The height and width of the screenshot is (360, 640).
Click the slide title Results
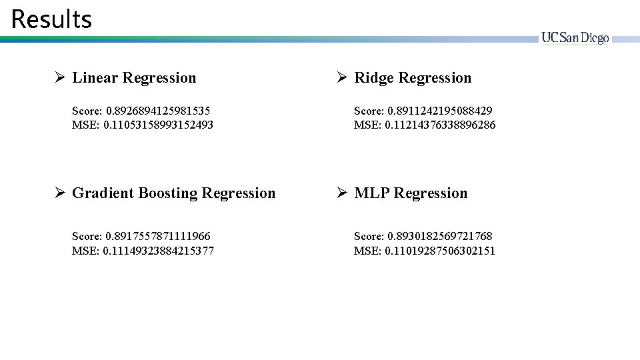pos(51,19)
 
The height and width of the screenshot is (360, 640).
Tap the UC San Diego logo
pos(575,39)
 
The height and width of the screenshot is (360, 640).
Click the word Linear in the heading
pos(95,78)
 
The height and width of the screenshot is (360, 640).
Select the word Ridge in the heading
pos(374,78)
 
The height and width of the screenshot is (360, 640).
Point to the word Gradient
pos(101,193)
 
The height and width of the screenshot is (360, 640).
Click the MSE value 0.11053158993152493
pos(159,125)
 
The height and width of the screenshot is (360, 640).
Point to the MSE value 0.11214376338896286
pos(441,125)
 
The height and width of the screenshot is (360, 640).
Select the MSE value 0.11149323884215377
pos(159,251)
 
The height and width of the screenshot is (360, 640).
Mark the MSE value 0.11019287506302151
pos(441,251)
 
